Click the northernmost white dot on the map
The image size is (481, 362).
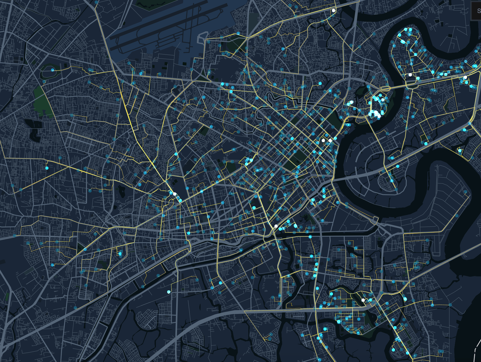(x=333, y=11)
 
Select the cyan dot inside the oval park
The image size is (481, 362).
(x=52, y=70)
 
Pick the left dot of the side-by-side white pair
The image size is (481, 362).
(x=323, y=140)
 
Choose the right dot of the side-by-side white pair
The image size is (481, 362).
(x=330, y=140)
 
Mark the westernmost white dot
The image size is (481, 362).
(x=175, y=194)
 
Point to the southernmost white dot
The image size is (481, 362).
(x=363, y=300)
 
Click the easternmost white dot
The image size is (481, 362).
(x=465, y=77)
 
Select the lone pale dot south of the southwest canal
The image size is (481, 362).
(x=169, y=292)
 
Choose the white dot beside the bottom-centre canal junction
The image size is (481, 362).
(x=276, y=226)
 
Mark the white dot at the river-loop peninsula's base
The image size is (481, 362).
(x=410, y=75)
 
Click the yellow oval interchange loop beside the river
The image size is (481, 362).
(x=385, y=88)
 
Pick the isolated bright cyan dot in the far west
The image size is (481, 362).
(x=47, y=168)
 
